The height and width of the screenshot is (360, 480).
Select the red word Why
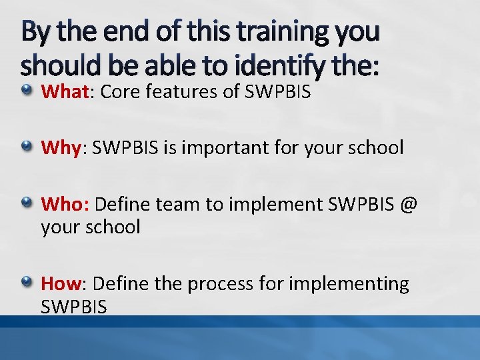coord(61,147)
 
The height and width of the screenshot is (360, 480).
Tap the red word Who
coord(62,204)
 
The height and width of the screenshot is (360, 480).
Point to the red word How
coord(61,283)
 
